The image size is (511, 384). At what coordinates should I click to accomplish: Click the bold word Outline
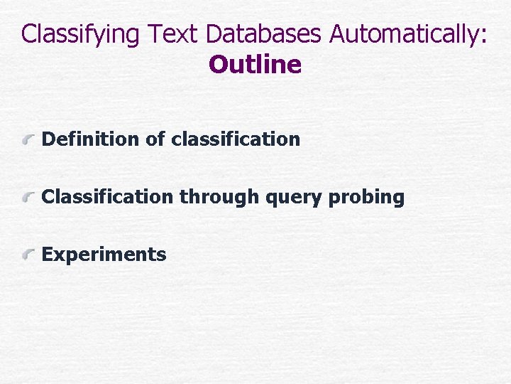255,65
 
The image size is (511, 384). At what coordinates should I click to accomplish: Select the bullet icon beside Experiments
29,255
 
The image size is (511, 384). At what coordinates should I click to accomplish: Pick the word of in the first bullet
155,139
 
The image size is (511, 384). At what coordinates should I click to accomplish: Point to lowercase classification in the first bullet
236,139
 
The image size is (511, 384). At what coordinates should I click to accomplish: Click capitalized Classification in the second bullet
107,197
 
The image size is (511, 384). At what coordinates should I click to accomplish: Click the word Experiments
104,255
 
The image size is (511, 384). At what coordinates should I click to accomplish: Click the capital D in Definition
48,139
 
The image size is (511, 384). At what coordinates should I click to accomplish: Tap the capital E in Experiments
48,254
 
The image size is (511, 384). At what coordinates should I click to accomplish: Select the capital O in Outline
217,65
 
